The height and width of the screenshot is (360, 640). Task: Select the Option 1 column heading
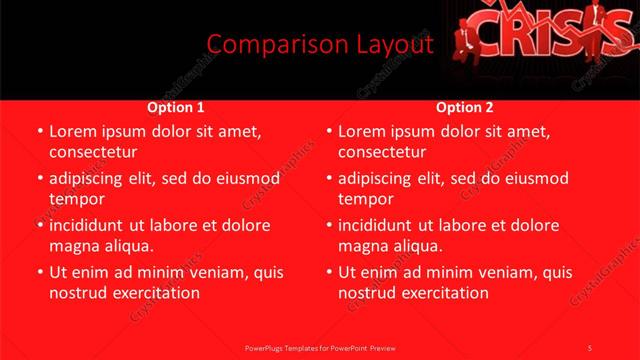pyautogui.click(x=176, y=107)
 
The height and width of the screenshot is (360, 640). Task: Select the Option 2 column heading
pyautogui.click(x=465, y=107)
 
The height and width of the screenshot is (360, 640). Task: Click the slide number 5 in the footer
pyautogui.click(x=589, y=347)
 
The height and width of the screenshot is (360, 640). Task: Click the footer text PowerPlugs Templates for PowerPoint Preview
pyautogui.click(x=320, y=347)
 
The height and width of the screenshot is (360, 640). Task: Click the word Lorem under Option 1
pyautogui.click(x=75, y=131)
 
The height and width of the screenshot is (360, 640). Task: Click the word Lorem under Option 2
pyautogui.click(x=365, y=131)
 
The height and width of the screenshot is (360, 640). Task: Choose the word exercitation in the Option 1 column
pyautogui.click(x=154, y=293)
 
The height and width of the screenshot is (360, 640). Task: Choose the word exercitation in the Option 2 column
pyautogui.click(x=444, y=293)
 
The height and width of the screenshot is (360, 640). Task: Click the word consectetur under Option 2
pyautogui.click(x=383, y=152)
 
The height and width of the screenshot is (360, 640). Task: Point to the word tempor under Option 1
pyautogui.click(x=76, y=199)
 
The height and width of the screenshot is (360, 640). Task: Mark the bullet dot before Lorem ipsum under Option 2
pyautogui.click(x=328, y=132)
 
